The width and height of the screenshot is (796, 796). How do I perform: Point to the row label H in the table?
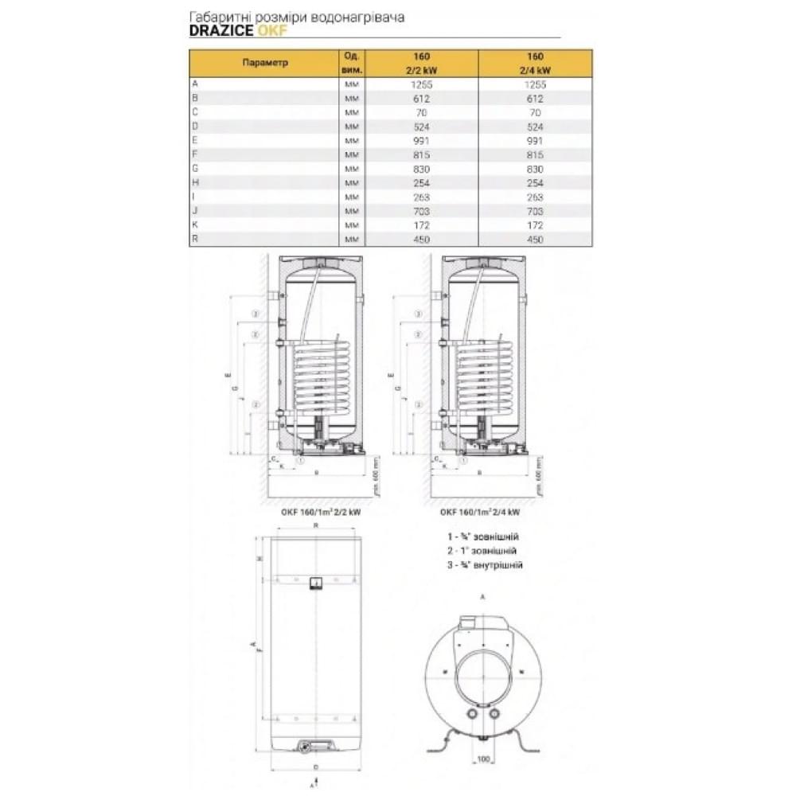click(195, 183)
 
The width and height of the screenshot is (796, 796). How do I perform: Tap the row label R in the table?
click(195, 240)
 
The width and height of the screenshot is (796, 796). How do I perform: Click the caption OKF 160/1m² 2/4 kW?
click(480, 513)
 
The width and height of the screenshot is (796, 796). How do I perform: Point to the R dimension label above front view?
click(316, 527)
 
